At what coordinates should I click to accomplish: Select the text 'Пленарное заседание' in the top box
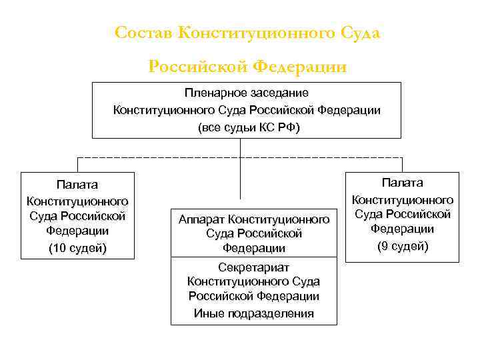(247, 93)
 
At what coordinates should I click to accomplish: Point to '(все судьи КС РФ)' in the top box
(247, 127)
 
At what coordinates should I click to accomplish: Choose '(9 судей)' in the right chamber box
(402, 245)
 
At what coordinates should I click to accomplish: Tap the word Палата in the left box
(77, 184)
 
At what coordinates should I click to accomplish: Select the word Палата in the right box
(402, 183)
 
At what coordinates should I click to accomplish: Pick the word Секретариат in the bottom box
(253, 267)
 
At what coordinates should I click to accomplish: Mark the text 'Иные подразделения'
(253, 313)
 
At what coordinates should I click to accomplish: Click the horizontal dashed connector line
(167, 157)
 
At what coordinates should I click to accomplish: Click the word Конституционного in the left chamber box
(77, 201)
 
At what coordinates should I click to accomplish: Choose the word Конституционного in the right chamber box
(402, 199)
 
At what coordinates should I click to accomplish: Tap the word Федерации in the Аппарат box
(254, 248)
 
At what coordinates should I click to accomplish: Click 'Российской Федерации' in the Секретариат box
(253, 297)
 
